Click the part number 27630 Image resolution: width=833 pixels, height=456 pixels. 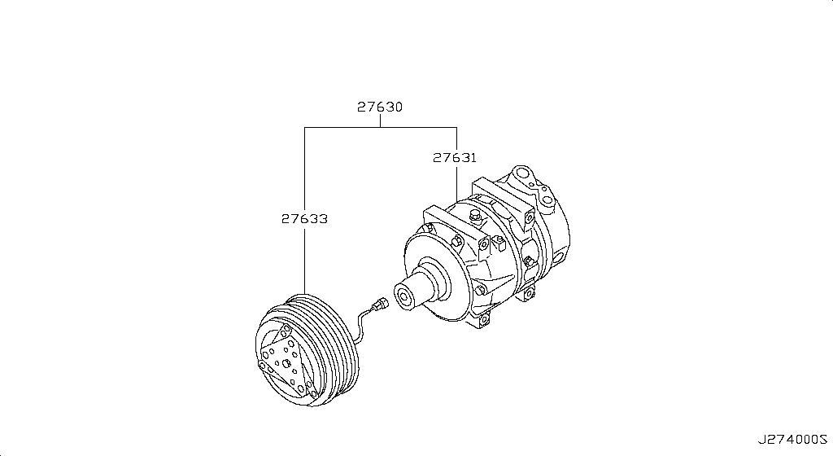coord(380,107)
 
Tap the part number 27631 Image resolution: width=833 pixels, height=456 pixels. coord(454,158)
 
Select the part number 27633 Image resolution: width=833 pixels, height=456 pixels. coord(305,219)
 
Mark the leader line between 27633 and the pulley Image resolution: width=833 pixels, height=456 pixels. coord(305,261)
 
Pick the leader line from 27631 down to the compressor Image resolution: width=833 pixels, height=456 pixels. coord(456,183)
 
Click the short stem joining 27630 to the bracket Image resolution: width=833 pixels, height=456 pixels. coord(380,121)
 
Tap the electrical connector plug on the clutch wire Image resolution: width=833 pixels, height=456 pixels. coord(377,305)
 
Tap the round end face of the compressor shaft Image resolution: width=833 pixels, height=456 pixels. coord(401,295)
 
